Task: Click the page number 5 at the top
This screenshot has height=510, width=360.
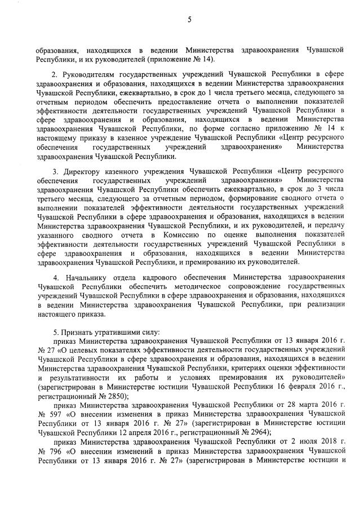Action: pyautogui.click(x=189, y=21)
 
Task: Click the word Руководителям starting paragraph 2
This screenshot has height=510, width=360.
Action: pyautogui.click(x=87, y=73)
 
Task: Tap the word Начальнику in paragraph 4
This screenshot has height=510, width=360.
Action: pyautogui.click(x=86, y=278)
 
